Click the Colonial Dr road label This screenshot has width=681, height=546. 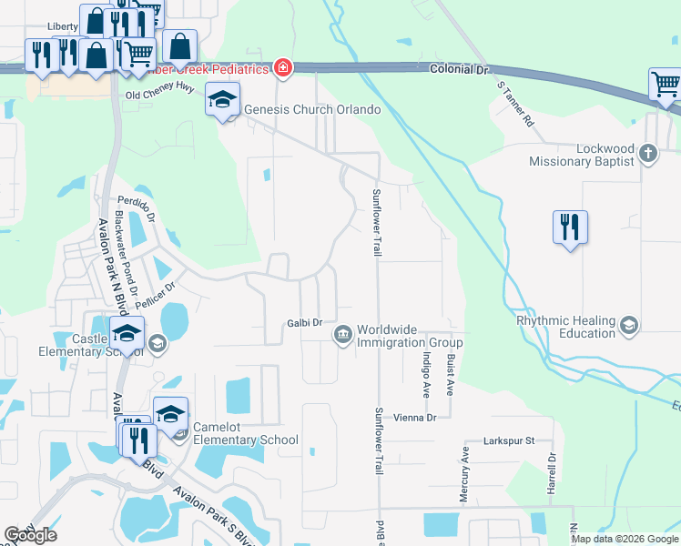(x=459, y=67)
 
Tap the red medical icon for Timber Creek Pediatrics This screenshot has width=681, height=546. (x=283, y=68)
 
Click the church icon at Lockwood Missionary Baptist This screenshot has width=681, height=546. (x=647, y=153)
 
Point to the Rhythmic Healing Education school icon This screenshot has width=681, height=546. (x=628, y=325)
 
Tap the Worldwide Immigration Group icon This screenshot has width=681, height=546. (x=342, y=336)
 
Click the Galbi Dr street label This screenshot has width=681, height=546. (x=305, y=323)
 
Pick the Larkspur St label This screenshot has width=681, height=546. (x=508, y=440)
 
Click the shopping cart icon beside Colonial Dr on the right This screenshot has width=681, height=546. (x=666, y=85)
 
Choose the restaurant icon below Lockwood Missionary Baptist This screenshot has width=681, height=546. (x=570, y=227)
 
